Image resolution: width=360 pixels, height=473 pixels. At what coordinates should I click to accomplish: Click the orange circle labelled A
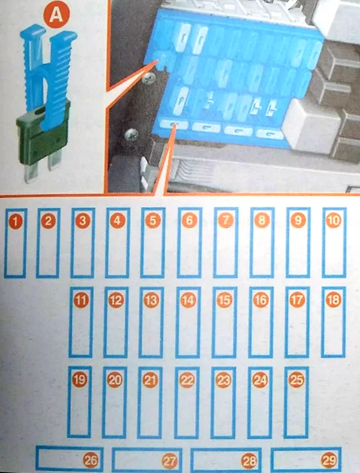(x=56, y=15)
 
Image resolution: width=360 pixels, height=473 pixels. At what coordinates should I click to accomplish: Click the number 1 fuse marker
(x=16, y=221)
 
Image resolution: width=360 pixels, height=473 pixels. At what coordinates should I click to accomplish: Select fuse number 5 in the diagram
(x=153, y=220)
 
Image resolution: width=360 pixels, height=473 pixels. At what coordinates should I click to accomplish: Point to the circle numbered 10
(x=334, y=220)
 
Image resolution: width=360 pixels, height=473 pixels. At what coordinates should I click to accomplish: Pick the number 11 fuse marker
(x=81, y=300)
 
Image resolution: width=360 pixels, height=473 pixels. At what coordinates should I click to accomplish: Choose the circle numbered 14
(x=188, y=300)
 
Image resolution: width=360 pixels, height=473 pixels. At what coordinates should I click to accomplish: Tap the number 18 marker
(x=334, y=300)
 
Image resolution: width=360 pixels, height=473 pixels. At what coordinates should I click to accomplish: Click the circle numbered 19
(x=80, y=379)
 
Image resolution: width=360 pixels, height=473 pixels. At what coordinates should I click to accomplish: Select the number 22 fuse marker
(x=187, y=380)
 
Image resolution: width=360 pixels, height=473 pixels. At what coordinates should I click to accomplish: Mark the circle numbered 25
(x=296, y=379)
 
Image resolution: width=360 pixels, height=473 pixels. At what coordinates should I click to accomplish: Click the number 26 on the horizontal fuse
(x=91, y=460)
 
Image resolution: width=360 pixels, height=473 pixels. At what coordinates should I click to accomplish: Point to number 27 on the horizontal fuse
(x=169, y=461)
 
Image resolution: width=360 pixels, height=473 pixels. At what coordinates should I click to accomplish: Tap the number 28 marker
(x=249, y=460)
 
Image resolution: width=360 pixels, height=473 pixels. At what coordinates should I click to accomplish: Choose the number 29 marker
(x=329, y=460)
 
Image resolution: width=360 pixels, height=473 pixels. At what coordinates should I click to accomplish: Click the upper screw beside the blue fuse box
(x=148, y=79)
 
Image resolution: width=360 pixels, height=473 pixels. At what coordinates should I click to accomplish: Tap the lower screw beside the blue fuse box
(x=131, y=135)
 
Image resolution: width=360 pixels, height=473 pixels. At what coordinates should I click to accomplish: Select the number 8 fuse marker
(x=262, y=220)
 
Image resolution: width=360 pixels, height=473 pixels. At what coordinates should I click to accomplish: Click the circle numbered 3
(x=83, y=221)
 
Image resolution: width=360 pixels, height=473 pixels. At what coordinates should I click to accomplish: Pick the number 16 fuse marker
(x=261, y=300)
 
